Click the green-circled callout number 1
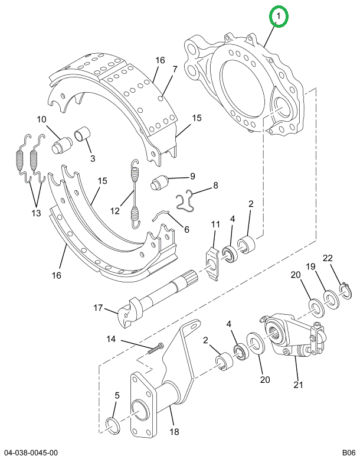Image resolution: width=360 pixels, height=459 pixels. point(279,16)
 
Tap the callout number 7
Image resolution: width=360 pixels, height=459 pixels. point(175,69)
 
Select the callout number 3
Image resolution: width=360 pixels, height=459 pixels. point(93,158)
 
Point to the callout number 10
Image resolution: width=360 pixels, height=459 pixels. point(41,119)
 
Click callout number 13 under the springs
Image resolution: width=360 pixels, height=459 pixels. point(36,213)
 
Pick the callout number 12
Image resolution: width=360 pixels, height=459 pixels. point(115,210)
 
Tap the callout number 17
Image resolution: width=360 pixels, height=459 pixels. point(98,308)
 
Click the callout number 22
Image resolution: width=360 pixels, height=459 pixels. point(328,258)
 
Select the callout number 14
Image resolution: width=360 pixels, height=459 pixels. point(111,339)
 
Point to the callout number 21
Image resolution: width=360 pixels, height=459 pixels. point(298,385)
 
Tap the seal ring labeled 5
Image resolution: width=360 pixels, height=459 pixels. point(113,426)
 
